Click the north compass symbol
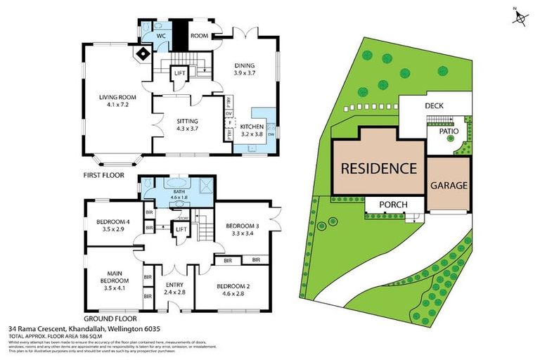click(520, 17)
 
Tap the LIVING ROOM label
click(116, 104)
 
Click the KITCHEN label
click(252, 126)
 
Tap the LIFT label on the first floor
click(179, 72)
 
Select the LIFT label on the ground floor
click(181, 229)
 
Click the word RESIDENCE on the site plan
click(379, 168)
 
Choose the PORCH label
click(393, 205)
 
